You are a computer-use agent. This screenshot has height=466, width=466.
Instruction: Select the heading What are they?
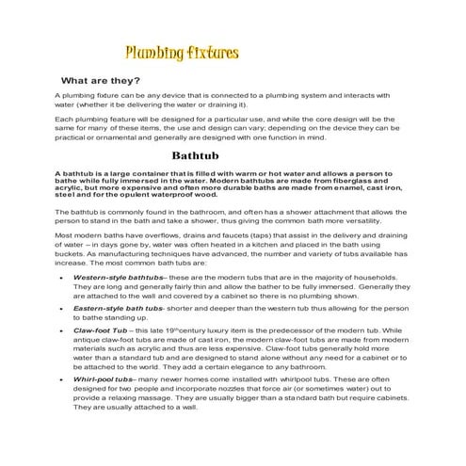click(x=101, y=81)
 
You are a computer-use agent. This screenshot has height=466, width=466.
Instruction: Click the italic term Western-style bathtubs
click(x=118, y=279)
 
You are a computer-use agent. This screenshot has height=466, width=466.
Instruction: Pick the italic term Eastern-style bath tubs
click(x=120, y=307)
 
